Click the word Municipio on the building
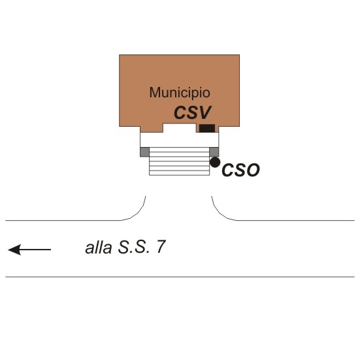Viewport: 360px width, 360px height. [180, 93]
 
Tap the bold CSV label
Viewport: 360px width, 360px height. [192, 112]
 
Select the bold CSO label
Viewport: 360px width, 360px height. [240, 170]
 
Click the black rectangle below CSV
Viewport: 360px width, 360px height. [207, 128]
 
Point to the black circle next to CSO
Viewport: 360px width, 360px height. [215, 162]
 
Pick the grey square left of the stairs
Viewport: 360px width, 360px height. [144, 152]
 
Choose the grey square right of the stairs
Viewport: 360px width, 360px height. [214, 152]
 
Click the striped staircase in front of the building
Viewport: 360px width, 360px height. [179, 161]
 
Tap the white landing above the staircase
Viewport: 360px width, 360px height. [179, 140]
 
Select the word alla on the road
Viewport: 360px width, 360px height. [99, 248]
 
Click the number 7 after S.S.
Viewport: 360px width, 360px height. [161, 247]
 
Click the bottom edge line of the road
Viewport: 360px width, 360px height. [180, 277]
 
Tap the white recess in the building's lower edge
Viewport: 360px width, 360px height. [179, 128]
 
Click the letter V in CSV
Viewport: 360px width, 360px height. [203, 112]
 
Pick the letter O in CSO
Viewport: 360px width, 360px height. [253, 170]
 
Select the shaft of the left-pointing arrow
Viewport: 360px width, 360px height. [35, 250]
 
